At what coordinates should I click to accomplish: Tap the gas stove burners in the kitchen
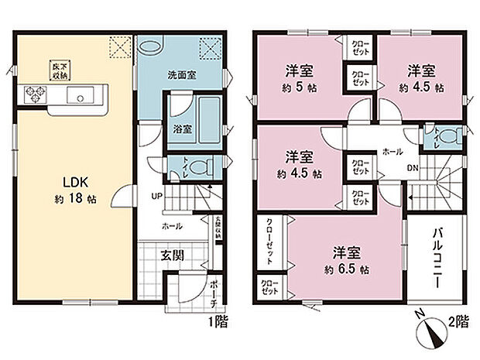pos(34,96)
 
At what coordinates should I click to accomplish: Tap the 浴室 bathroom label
pos(182,129)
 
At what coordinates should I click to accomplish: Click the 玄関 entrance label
pos(172,255)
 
